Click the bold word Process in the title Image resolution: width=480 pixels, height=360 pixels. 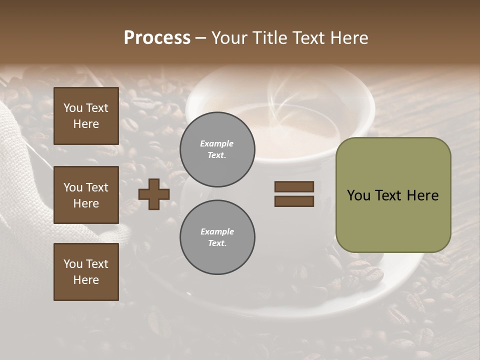pos(157,38)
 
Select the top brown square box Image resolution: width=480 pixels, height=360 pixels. pos(86,116)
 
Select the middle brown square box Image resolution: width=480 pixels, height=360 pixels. pos(86,195)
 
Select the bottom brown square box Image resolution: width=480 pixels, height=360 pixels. pos(86,272)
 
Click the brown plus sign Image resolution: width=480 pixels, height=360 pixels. pos(154,194)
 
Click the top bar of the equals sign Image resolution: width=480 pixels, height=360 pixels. pos(294,186)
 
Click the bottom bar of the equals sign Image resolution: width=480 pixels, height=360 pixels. pos(294,201)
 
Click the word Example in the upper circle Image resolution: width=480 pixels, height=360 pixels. pos(216,143)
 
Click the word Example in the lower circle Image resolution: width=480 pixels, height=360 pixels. pos(217,231)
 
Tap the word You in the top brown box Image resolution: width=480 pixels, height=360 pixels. pos(73,108)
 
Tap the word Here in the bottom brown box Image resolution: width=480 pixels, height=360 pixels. pos(86,280)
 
